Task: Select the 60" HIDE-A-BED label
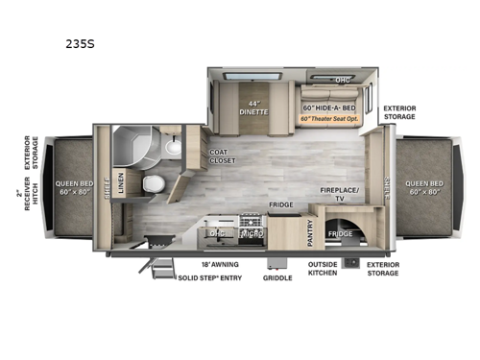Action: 329,108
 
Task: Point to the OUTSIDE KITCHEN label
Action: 323,269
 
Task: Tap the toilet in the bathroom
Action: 151,184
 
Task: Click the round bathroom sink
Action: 173,147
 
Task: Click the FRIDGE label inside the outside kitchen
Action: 340,232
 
